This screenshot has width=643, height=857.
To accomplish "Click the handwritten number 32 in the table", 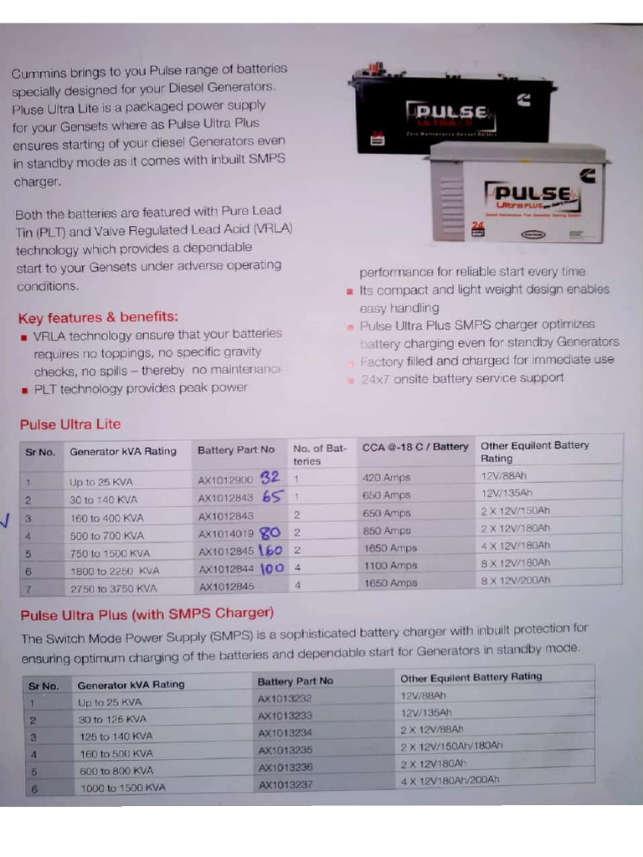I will pyautogui.click(x=270, y=478).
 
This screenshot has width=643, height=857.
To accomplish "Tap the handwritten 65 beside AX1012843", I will pyautogui.click(x=273, y=496).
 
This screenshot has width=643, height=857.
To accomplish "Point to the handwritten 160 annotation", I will pyautogui.click(x=270, y=551).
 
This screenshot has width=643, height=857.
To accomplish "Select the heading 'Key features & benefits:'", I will pyautogui.click(x=98, y=317).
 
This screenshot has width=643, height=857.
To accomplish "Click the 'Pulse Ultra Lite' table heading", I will pyautogui.click(x=70, y=424).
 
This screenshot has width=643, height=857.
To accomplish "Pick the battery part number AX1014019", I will pyautogui.click(x=225, y=534).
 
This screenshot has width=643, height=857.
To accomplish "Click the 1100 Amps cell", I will pyautogui.click(x=389, y=566).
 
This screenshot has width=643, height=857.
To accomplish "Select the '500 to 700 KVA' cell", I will pyautogui.click(x=106, y=536).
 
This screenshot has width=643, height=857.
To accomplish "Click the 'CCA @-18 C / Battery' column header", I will pyautogui.click(x=415, y=447).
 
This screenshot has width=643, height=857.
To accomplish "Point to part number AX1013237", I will pyautogui.click(x=285, y=784).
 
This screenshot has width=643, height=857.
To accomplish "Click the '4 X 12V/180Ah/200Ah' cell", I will pyautogui.click(x=450, y=780).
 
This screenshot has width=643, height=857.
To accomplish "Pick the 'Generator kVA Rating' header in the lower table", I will pyautogui.click(x=131, y=684).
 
